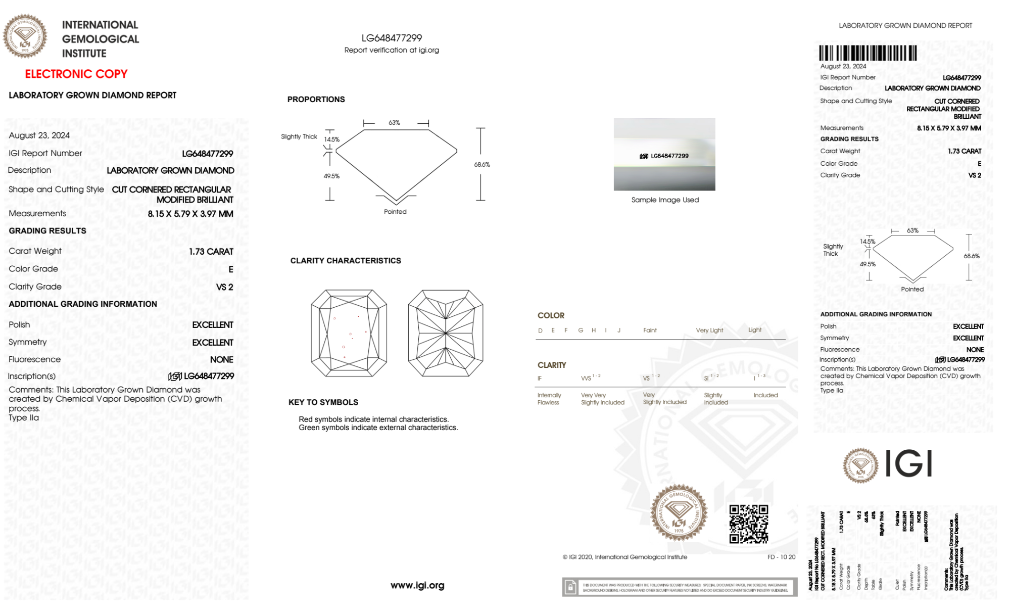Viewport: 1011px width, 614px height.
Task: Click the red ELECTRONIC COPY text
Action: coord(76,74)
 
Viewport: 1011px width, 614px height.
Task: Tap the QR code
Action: coord(748,524)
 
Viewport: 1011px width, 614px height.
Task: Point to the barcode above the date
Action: coord(868,53)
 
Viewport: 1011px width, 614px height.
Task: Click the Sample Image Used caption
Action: coord(665,200)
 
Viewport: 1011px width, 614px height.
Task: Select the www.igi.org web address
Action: coord(417,585)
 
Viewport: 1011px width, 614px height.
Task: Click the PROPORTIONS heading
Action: coord(316,99)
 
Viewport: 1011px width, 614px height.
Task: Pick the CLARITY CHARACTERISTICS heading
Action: coord(346,260)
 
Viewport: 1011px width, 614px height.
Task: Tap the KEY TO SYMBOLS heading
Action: coord(323,402)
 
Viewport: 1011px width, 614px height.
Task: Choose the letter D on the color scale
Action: coord(540,330)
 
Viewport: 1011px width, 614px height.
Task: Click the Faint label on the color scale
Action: coord(650,330)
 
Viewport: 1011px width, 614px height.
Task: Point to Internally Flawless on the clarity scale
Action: coord(549,399)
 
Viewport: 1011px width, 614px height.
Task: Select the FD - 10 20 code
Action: coord(781,557)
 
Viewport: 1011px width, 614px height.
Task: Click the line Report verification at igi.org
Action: coord(392,50)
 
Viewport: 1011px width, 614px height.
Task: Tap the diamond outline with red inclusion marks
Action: coord(349,333)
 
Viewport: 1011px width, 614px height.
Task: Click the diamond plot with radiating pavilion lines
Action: coord(446,333)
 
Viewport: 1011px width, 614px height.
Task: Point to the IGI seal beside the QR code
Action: coord(679,513)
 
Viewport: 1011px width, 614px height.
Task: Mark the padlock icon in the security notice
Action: coord(570,587)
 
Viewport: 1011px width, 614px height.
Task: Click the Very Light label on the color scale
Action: coord(709,330)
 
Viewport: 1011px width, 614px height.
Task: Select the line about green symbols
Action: coord(378,428)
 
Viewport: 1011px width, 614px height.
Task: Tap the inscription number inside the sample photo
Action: coord(669,156)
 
